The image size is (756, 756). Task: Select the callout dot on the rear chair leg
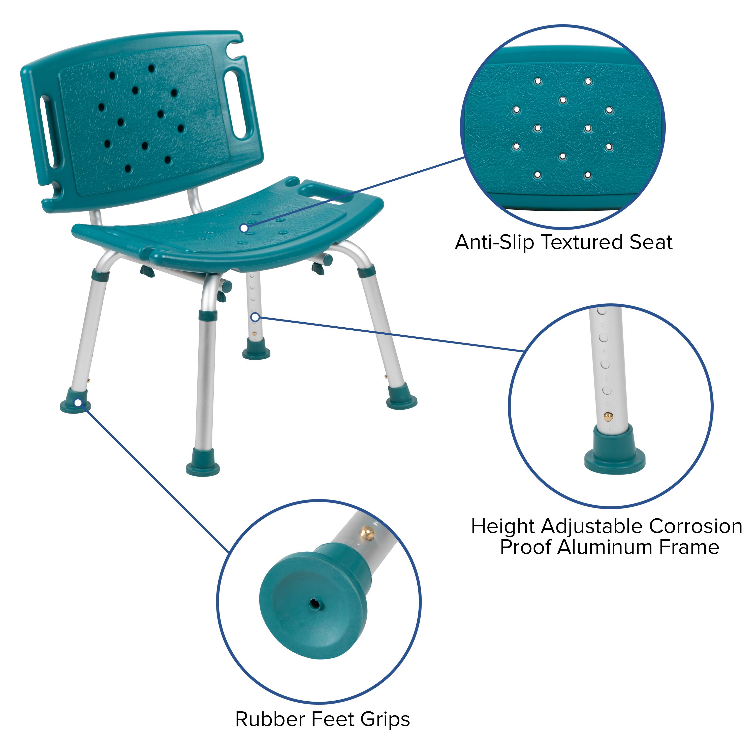point(255,317)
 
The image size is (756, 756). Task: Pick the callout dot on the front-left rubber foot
point(78,403)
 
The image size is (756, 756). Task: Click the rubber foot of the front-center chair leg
point(203,466)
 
